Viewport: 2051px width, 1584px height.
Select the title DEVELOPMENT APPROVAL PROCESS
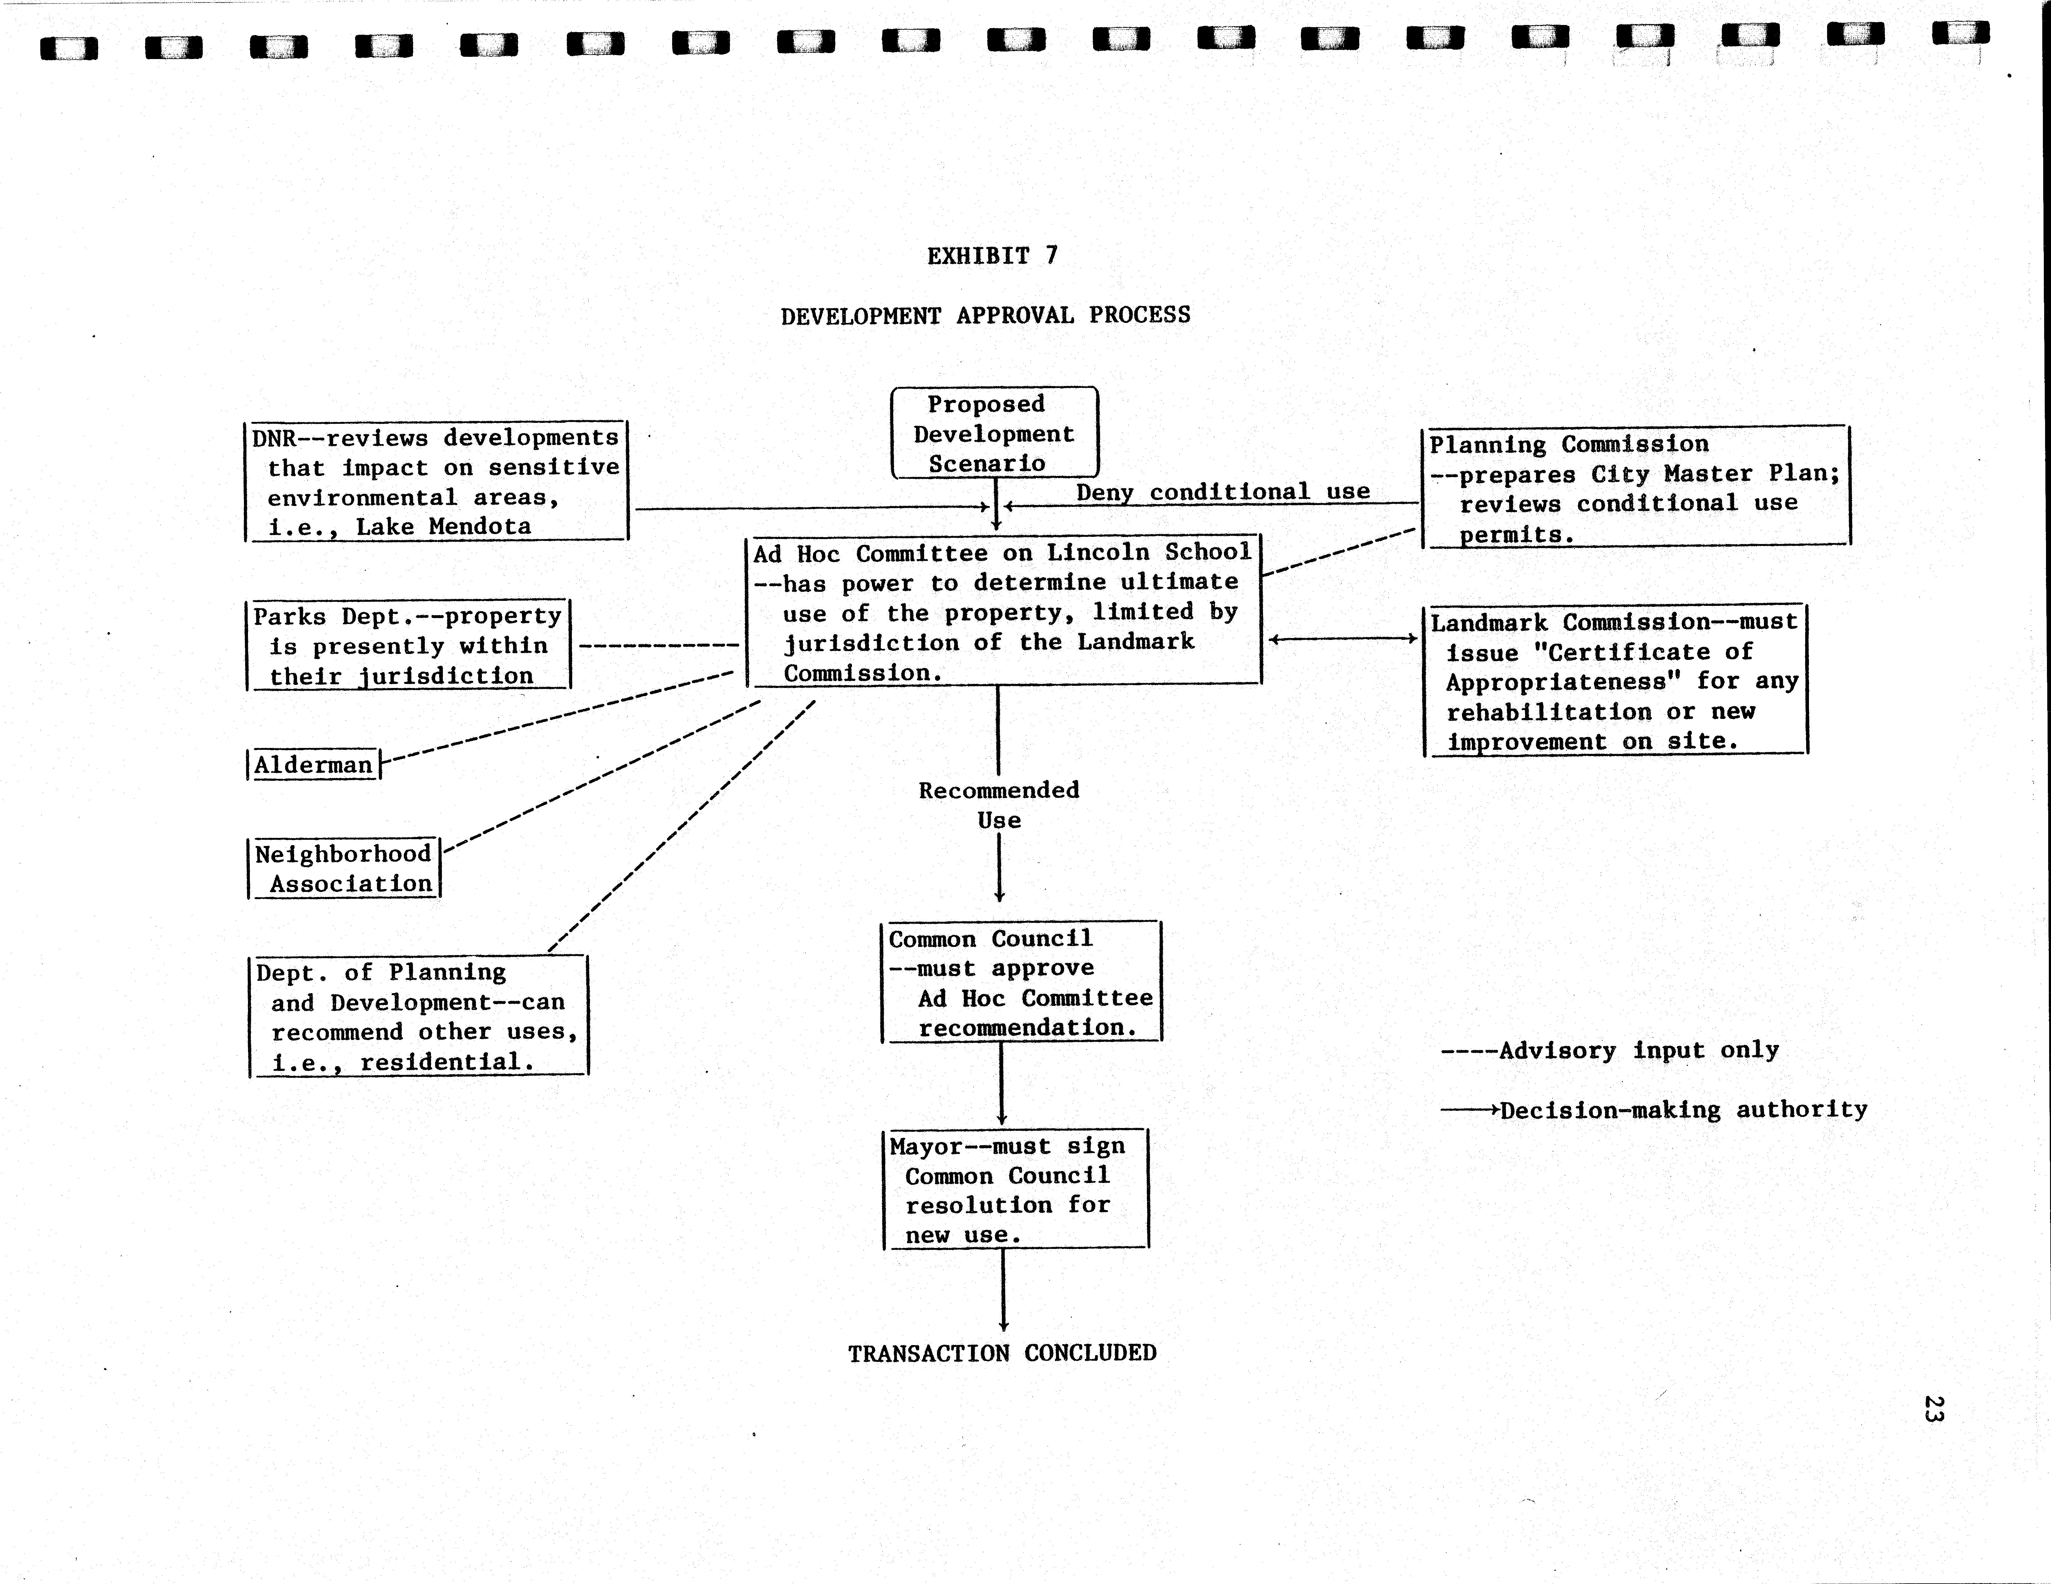985,315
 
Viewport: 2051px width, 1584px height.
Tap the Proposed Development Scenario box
993,433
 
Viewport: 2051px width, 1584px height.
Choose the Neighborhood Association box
344,869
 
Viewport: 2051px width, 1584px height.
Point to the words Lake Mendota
443,527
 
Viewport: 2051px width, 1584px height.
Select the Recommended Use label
998,805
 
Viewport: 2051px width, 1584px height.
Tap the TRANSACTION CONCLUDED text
1002,1353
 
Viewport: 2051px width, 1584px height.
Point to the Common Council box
1021,982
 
